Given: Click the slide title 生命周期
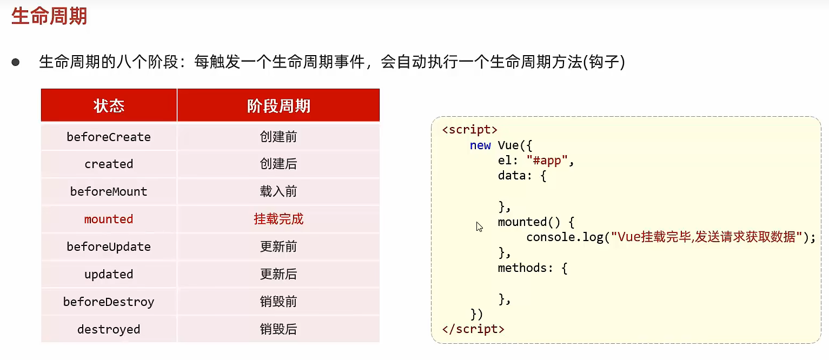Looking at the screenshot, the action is click(x=49, y=16).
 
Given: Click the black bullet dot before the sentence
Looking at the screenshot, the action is click(x=16, y=63).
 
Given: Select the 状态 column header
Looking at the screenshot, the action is click(x=109, y=106).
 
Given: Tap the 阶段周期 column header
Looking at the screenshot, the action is click(x=278, y=106).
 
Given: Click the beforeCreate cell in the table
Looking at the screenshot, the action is click(x=109, y=137).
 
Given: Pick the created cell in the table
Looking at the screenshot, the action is click(x=109, y=164).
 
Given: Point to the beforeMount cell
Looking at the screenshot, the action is click(x=109, y=191).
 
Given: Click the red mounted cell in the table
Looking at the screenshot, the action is click(x=109, y=219).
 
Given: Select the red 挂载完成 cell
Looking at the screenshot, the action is click(x=278, y=219).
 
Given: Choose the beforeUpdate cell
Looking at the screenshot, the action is click(x=109, y=246).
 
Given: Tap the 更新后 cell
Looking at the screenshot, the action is click(x=278, y=274).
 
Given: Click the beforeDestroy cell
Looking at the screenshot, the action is click(x=109, y=302).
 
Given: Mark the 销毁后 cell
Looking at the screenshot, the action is click(x=278, y=329).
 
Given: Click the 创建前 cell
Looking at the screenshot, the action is click(x=278, y=137).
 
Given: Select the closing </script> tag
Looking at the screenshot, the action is click(x=473, y=329).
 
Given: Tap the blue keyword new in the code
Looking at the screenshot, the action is click(x=480, y=145).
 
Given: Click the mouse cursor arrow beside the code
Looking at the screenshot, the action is click(x=479, y=226).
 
